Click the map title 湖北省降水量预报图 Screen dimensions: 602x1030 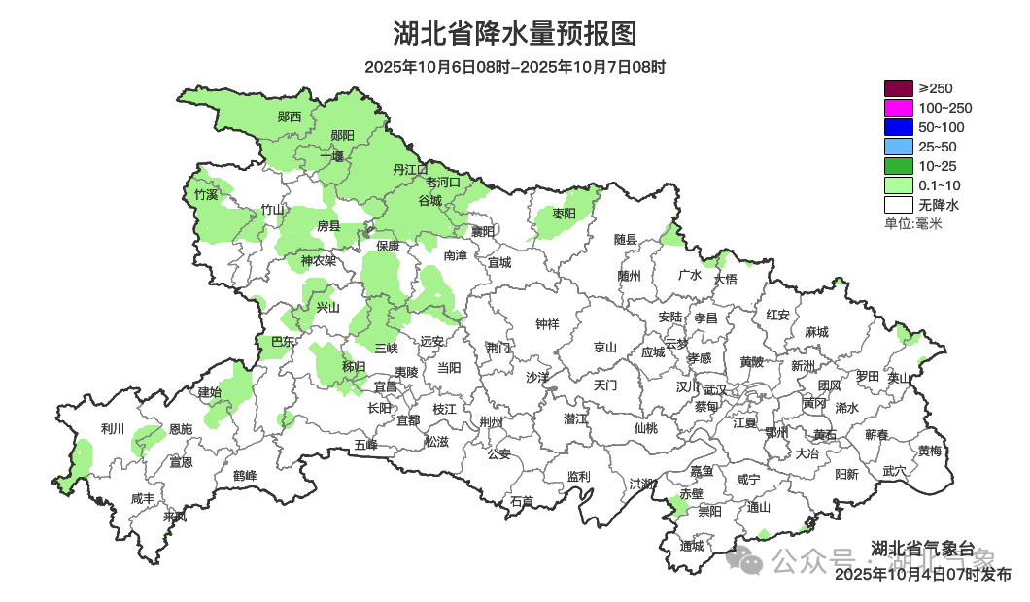coord(515,34)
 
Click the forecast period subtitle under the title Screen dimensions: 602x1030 coord(515,68)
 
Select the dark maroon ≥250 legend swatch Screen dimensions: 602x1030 coord(898,88)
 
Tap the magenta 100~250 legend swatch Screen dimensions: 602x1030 coord(898,108)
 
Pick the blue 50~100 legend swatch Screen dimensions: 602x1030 coord(898,127)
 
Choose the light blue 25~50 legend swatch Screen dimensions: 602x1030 coord(898,147)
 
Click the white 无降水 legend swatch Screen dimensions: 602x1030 coord(898,205)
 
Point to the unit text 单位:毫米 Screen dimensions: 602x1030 coord(912,224)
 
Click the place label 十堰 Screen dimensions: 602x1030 coord(332,155)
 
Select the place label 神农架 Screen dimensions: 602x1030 coord(318,260)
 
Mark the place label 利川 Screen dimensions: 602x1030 coord(113,428)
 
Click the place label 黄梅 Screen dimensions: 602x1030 coord(929,451)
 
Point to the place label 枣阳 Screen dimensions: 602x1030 coord(564,213)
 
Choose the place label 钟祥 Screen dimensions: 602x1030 coord(548,324)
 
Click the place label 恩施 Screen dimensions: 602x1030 coord(181,428)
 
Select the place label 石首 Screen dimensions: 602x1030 coord(522,501)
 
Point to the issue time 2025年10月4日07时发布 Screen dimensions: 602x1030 coord(923,575)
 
